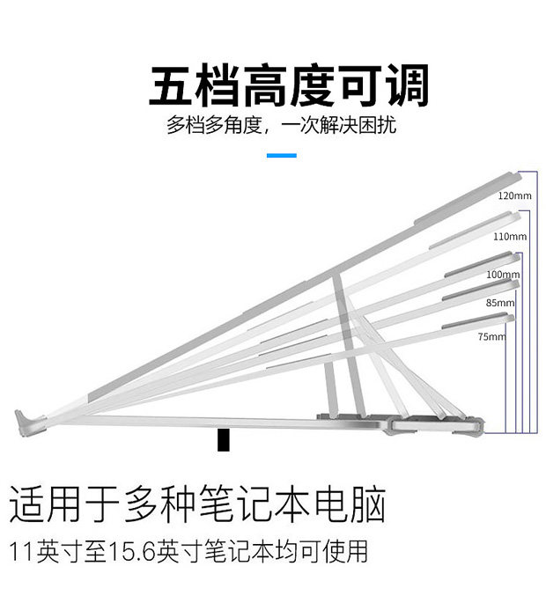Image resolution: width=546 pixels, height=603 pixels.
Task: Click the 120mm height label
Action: coord(514,195)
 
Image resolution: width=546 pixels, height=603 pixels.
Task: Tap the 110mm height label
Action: coord(510,236)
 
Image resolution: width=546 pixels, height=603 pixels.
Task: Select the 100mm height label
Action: coord(503,274)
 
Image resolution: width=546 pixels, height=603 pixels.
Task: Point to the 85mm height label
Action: coord(500,303)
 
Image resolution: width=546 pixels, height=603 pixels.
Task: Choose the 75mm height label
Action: coord(491,336)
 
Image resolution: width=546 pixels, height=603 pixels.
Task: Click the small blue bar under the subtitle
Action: coord(282,155)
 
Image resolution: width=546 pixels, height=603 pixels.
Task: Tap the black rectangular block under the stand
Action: coord(223,440)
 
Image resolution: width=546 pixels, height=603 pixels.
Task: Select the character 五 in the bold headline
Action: coord(171,85)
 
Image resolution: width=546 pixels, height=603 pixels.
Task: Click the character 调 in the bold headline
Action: coord(408,85)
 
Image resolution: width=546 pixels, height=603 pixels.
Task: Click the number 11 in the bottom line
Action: coord(22,551)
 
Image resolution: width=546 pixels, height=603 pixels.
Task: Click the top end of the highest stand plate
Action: coord(519,175)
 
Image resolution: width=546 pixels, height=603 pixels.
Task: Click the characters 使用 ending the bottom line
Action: coord(345,551)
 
